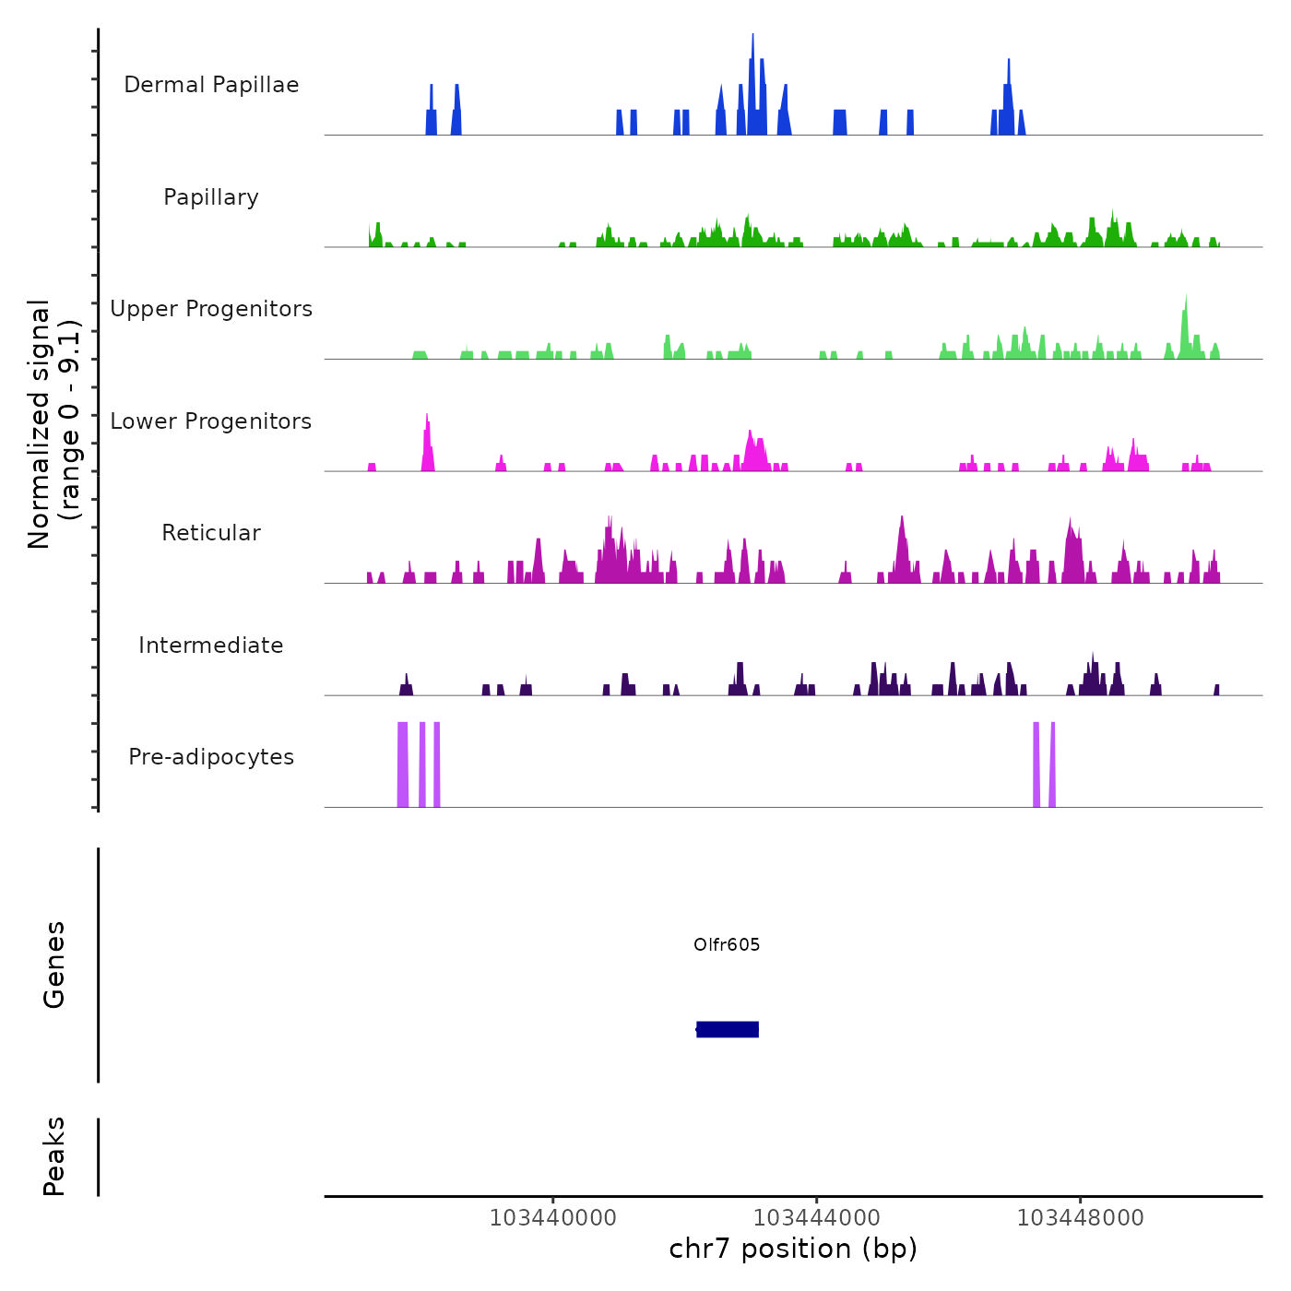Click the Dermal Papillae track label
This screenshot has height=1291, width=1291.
point(211,85)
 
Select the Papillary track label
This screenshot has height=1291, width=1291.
point(211,197)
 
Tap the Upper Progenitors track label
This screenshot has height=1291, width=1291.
point(211,309)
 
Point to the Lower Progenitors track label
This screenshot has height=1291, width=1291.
point(211,421)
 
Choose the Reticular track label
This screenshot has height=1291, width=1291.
point(211,533)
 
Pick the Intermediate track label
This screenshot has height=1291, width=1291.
point(211,645)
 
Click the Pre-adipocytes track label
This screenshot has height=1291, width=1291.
point(211,757)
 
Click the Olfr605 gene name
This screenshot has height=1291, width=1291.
point(727,944)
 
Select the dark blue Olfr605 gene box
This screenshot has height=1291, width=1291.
point(728,1029)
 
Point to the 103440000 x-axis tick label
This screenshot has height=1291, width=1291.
point(552,1217)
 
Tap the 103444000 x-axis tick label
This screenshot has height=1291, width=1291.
point(816,1217)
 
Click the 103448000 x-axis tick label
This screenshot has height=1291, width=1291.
point(1080,1217)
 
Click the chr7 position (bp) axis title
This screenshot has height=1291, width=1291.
point(793,1249)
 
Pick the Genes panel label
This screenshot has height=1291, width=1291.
point(54,965)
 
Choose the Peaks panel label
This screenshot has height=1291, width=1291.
point(54,1156)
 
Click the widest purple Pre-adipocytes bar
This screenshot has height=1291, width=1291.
point(402,764)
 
